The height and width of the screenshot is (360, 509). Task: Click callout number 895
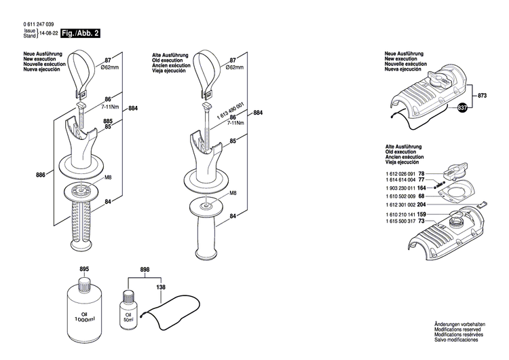pos(84,270)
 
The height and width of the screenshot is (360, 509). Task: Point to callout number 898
pos(145,270)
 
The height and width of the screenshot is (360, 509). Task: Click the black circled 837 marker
pos(462,107)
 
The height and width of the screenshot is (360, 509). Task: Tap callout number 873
pos(483,96)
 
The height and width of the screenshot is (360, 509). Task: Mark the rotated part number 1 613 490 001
pos(221,107)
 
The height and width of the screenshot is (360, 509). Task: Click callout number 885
pos(107,122)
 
